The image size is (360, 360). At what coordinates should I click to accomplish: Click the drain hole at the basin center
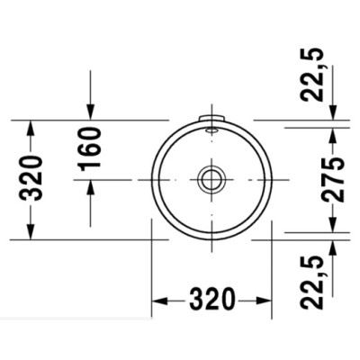(x=211, y=179)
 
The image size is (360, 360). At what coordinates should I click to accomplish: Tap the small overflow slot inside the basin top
(x=211, y=130)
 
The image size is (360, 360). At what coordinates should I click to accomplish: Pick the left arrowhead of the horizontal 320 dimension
(x=157, y=299)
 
